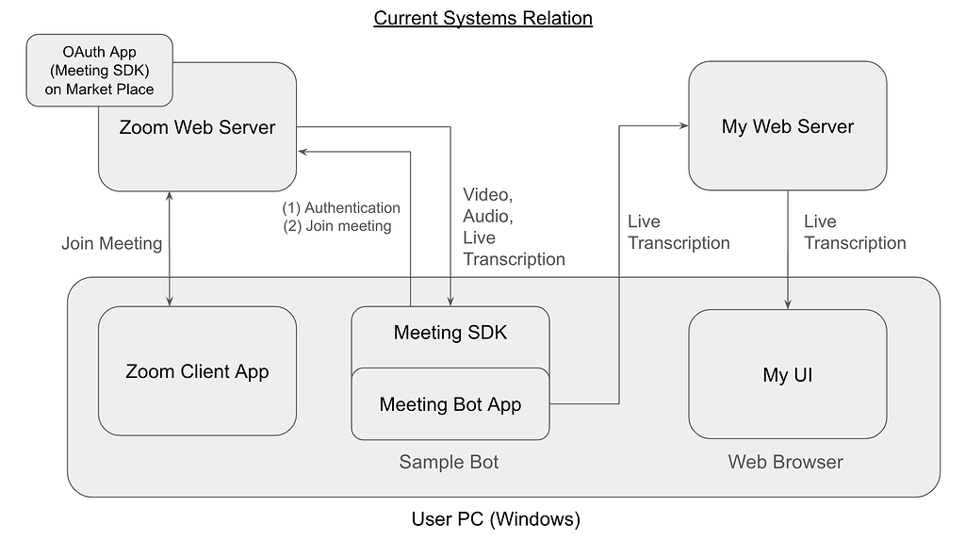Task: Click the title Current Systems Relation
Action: (x=482, y=18)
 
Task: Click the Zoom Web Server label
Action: (x=197, y=127)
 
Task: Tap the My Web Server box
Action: (x=787, y=126)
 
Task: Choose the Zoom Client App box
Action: (x=197, y=371)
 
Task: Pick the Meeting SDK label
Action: (x=450, y=333)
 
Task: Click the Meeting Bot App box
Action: (x=450, y=404)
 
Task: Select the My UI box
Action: (x=787, y=375)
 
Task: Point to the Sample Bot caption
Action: (x=449, y=462)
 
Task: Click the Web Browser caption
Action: (x=785, y=462)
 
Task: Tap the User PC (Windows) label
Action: (x=496, y=519)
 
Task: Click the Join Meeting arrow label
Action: (x=111, y=244)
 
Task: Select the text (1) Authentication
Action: (x=341, y=207)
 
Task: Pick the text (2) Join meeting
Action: (x=337, y=226)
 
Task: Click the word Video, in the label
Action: (x=487, y=195)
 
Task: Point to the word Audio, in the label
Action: (x=487, y=217)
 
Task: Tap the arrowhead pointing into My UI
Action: (x=788, y=303)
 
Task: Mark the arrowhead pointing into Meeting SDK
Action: (x=450, y=301)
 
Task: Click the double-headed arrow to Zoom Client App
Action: (x=170, y=247)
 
